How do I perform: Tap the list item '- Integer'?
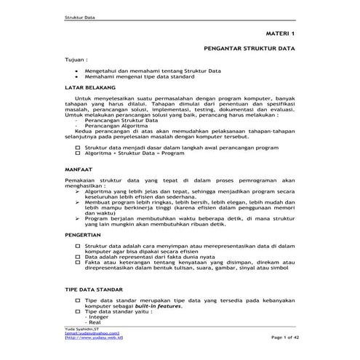point(97,317)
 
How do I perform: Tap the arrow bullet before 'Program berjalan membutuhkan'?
point(78,217)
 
